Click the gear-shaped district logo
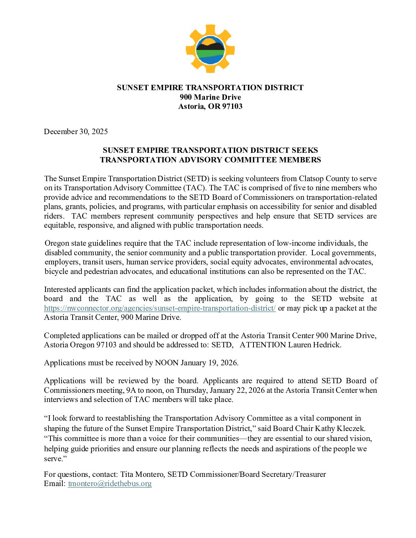(x=210, y=49)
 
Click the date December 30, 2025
(x=76, y=131)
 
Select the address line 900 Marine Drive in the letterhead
(x=210, y=97)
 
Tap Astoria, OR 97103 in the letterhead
(x=210, y=106)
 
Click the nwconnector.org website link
(x=160, y=308)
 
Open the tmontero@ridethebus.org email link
(x=110, y=483)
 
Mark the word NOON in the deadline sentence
(x=166, y=363)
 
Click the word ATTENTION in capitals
(x=263, y=345)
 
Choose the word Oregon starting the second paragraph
(x=57, y=243)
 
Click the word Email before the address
(x=55, y=483)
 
